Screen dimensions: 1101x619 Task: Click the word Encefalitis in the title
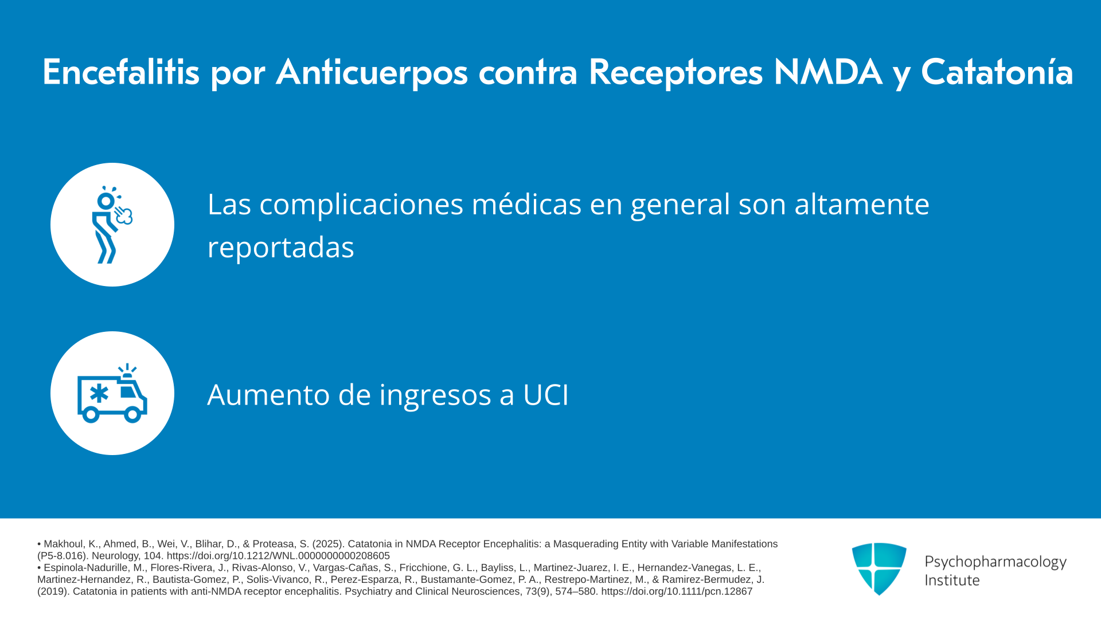[x=121, y=72]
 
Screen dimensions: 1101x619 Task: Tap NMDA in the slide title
[x=827, y=72]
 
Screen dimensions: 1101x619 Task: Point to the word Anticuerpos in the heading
[x=372, y=73]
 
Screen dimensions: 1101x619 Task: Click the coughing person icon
[x=112, y=225]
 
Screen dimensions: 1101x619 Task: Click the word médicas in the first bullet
[x=526, y=204]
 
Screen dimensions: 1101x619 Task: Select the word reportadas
[x=280, y=248]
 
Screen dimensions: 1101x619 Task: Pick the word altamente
[x=861, y=204]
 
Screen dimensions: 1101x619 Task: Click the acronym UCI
[x=545, y=395]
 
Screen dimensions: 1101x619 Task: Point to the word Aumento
[x=268, y=395]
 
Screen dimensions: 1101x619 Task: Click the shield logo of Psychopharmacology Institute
[x=879, y=569]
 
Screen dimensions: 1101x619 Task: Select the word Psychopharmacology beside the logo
[x=995, y=562]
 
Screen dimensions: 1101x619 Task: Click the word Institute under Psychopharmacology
[x=952, y=580]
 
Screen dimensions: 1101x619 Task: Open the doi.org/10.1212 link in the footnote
[x=278, y=556]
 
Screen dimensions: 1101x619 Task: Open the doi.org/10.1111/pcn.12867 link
[x=677, y=591]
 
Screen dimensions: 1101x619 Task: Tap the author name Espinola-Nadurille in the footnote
[x=94, y=568]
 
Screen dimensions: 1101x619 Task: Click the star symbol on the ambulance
[x=99, y=394]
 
